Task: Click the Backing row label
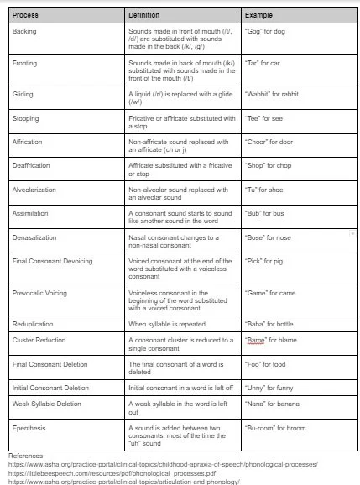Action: [24, 31]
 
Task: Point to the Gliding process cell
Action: [23, 94]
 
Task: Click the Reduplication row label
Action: [33, 323]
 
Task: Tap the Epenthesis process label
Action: [29, 429]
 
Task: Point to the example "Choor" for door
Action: [274, 142]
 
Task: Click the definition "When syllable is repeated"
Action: [169, 323]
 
